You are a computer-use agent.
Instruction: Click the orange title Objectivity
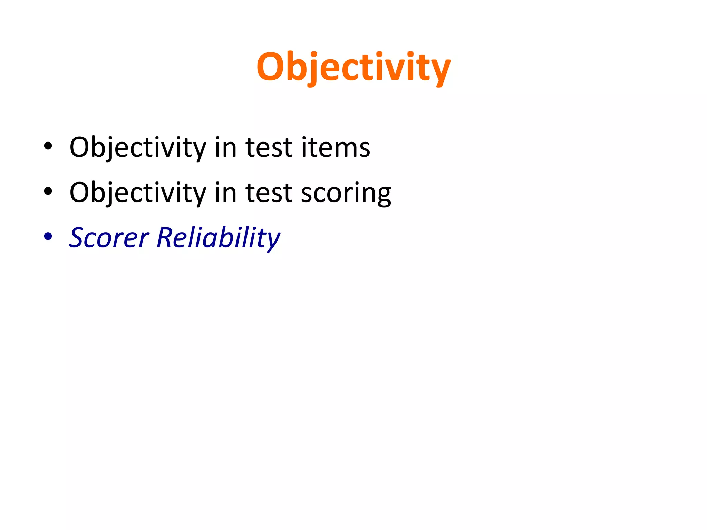[x=353, y=67]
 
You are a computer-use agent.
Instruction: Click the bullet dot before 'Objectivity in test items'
[x=48, y=146]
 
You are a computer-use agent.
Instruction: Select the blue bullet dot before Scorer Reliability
[x=48, y=236]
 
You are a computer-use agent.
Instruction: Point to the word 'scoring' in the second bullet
[x=346, y=193]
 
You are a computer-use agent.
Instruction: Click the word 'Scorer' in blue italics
[x=109, y=238]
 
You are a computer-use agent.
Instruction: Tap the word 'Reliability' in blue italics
[x=218, y=238]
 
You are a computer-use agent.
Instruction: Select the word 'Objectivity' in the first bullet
[x=137, y=147]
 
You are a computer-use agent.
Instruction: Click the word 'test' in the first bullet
[x=269, y=147]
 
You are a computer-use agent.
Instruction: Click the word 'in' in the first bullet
[x=225, y=147]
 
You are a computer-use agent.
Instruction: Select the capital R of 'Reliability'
[x=166, y=238]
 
